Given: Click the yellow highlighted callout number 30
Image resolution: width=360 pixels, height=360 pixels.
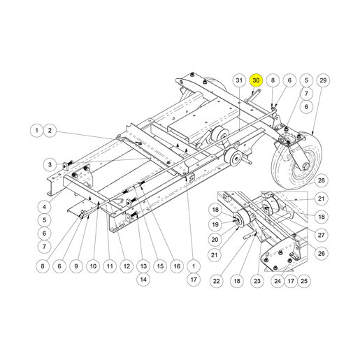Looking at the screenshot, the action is pyautogui.click(x=256, y=80).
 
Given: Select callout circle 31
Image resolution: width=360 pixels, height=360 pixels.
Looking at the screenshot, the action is pyautogui.click(x=239, y=80).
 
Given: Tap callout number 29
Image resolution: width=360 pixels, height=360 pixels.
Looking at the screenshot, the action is pyautogui.click(x=323, y=80).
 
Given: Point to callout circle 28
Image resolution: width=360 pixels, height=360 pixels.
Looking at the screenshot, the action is pyautogui.click(x=322, y=180).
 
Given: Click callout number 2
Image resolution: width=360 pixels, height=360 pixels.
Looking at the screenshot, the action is pyautogui.click(x=50, y=130).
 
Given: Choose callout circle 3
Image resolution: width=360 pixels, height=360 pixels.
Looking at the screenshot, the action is pyautogui.click(x=50, y=165).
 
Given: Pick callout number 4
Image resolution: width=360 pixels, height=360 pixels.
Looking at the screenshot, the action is pyautogui.click(x=44, y=207).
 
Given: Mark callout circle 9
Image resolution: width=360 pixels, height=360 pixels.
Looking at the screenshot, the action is pyautogui.click(x=76, y=266).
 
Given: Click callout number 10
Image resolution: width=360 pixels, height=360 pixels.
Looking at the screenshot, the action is pyautogui.click(x=93, y=266).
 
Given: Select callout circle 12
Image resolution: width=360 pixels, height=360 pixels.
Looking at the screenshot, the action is pyautogui.click(x=127, y=266).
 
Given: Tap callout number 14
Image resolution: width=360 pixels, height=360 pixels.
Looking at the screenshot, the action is pyautogui.click(x=143, y=280).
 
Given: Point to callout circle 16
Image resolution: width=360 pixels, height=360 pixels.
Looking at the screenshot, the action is pyautogui.click(x=177, y=266).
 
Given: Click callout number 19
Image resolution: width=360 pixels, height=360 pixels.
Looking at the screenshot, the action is pyautogui.click(x=215, y=224).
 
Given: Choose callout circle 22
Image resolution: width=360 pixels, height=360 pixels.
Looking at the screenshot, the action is pyautogui.click(x=216, y=281).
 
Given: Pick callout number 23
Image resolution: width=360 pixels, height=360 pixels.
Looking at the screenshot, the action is pyautogui.click(x=257, y=281).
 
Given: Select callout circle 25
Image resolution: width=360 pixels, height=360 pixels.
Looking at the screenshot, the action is pyautogui.click(x=304, y=281).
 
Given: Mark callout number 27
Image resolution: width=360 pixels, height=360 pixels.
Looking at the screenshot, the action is pyautogui.click(x=321, y=235).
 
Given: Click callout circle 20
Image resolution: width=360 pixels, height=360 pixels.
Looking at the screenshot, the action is pyautogui.click(x=215, y=240).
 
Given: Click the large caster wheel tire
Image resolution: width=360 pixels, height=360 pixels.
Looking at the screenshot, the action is pyautogui.click(x=296, y=159).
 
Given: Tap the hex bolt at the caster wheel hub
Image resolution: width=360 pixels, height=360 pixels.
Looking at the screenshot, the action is pyautogui.click(x=305, y=166).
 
